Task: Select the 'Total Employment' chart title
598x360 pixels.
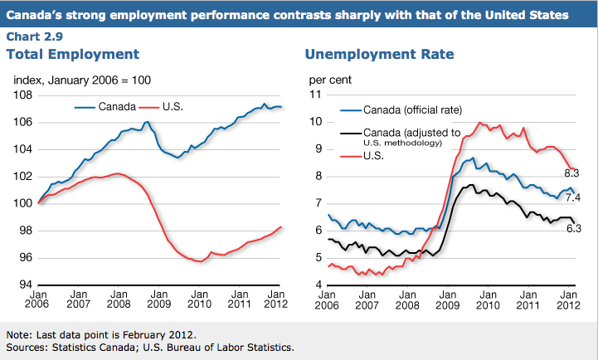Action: [73, 55]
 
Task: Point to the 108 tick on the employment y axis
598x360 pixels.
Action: [22, 95]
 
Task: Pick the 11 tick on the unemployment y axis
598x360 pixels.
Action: [314, 95]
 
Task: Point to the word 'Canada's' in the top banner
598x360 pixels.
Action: [42, 15]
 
